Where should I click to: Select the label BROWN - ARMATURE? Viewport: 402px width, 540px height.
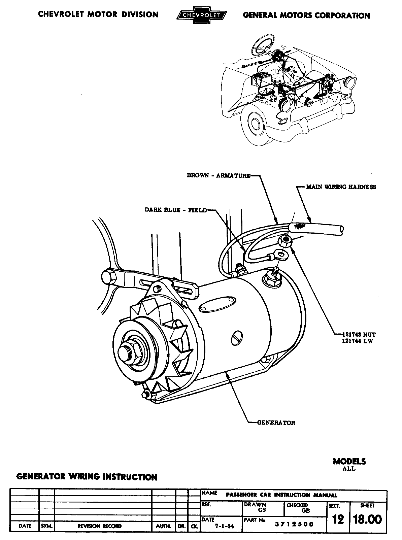coord(219,176)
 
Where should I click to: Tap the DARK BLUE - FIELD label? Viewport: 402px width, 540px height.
coord(176,210)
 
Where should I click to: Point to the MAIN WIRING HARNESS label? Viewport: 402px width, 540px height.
coord(341,187)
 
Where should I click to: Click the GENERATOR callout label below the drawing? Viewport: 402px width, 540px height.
coord(276,423)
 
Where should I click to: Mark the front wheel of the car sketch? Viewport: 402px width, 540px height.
coord(257,124)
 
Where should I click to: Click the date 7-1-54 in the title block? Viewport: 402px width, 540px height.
coord(225,526)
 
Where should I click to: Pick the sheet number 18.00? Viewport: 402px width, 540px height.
coord(367,520)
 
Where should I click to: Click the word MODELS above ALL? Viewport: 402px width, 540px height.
coord(349,461)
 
